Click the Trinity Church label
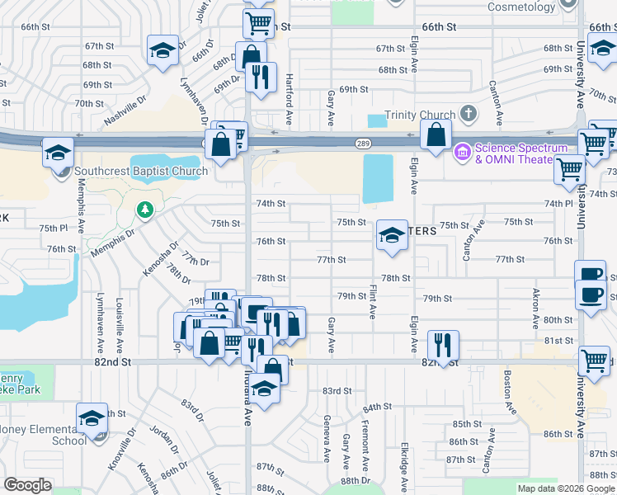tap(420, 115)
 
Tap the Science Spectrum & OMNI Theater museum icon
tap(461, 150)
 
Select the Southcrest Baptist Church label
tap(140, 172)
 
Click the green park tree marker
tap(145, 210)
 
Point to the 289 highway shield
tap(363, 143)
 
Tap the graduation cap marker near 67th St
tap(162, 50)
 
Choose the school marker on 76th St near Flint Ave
tap(392, 236)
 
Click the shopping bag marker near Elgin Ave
tap(435, 134)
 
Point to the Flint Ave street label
tap(373, 302)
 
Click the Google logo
tap(27, 485)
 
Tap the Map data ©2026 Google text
tap(566, 488)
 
